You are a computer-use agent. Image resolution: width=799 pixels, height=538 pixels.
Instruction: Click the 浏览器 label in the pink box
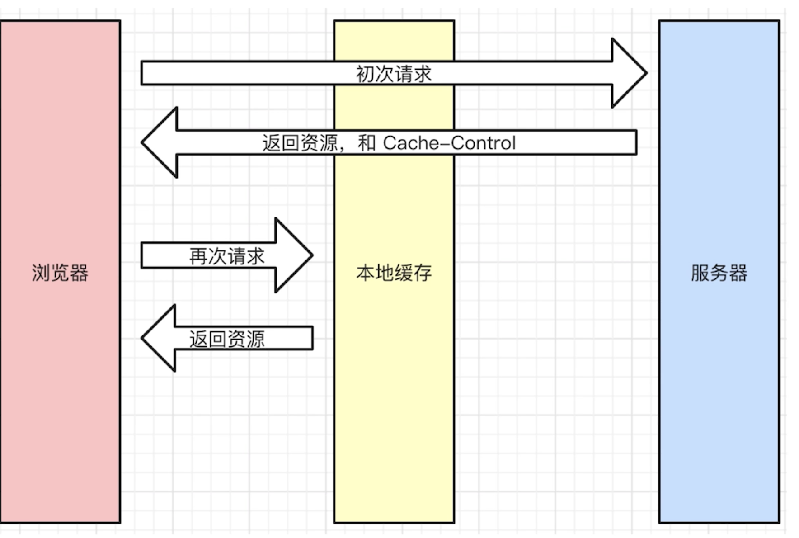(60, 273)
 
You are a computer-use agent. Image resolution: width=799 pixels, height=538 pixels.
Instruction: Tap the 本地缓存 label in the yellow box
(394, 273)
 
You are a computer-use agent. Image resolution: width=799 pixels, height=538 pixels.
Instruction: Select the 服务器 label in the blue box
(719, 273)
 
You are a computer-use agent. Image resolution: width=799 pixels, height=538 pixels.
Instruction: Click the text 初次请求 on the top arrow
(394, 74)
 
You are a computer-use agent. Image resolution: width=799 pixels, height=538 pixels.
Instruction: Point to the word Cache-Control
(449, 143)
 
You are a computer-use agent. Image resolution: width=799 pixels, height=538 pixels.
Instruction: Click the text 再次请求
(226, 256)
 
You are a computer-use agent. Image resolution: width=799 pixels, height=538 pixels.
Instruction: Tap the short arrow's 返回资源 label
(226, 339)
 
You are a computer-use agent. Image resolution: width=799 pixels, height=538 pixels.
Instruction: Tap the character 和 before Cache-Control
(367, 143)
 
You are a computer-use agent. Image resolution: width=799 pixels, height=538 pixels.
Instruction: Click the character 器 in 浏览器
(79, 273)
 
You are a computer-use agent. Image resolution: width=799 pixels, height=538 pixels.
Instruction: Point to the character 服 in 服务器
(700, 273)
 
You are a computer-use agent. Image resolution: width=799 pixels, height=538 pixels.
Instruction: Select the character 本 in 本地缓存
(365, 273)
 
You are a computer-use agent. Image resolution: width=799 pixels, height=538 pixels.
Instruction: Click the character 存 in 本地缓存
(423, 273)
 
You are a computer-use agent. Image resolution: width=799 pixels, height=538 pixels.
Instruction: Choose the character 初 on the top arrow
(365, 74)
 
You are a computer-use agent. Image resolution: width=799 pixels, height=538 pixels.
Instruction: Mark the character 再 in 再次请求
(198, 256)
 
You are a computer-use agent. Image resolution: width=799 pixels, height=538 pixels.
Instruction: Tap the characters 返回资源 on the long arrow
(300, 143)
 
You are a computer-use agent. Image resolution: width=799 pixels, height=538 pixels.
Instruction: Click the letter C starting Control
(458, 143)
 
